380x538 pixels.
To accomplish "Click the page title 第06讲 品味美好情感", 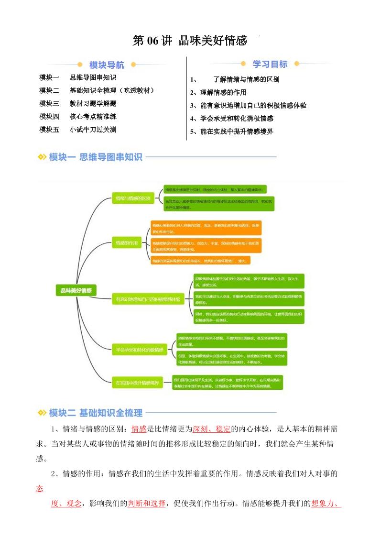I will (x=190, y=41).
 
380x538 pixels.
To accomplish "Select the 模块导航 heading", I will (x=107, y=65).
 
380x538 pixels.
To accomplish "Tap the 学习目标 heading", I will (x=270, y=64).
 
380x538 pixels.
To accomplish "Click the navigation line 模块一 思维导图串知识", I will (x=78, y=77).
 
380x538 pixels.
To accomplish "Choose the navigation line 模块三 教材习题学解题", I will (x=78, y=103).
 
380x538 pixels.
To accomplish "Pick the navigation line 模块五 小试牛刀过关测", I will (x=78, y=129).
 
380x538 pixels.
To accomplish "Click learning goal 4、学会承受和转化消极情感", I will (x=232, y=118).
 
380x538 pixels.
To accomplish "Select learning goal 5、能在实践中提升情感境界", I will (x=232, y=131).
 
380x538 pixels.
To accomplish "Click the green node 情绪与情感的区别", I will (x=133, y=198).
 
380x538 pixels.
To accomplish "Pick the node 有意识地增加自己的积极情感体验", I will (x=149, y=300).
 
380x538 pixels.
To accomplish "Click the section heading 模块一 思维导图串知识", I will (x=96, y=157).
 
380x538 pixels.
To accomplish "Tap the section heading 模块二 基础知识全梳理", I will (x=96, y=413).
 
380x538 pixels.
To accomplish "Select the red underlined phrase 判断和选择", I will (x=147, y=504).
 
